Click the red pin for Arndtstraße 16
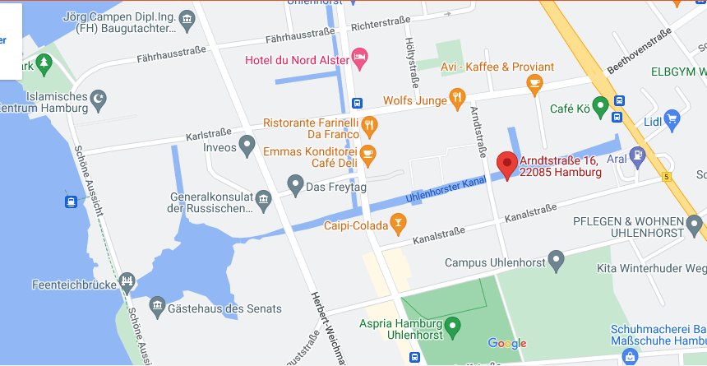pyautogui.click(x=506, y=164)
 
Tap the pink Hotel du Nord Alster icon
pyautogui.click(x=359, y=57)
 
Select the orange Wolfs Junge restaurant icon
pyautogui.click(x=459, y=100)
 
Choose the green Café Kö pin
pyautogui.click(x=601, y=105)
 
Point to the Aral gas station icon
pyautogui.click(x=637, y=154)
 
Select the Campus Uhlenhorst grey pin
pyautogui.click(x=557, y=261)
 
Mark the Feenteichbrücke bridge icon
pyautogui.click(x=127, y=282)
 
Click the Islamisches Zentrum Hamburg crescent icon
pyautogui.click(x=99, y=99)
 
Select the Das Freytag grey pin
pyautogui.click(x=295, y=184)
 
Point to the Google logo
pyautogui.click(x=507, y=343)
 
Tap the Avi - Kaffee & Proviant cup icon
pyautogui.click(x=535, y=81)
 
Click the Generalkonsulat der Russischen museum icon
pyautogui.click(x=263, y=197)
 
